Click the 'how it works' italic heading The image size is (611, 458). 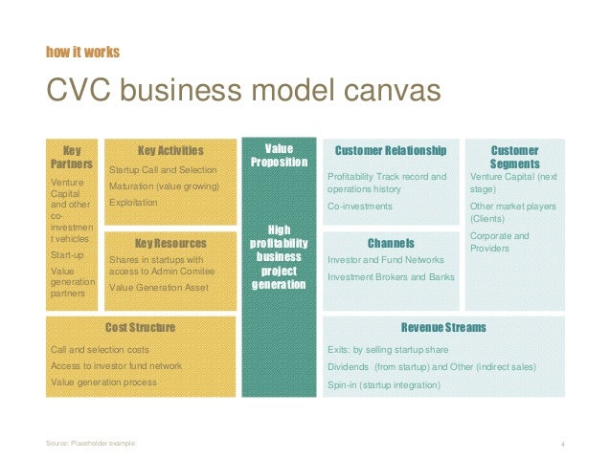(82, 51)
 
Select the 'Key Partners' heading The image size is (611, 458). (72, 157)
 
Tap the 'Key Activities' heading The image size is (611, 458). (170, 150)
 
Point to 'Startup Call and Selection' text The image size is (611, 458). (164, 169)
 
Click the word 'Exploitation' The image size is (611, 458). (134, 203)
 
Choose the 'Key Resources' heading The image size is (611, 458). (170, 244)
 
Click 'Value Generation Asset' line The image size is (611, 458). (159, 287)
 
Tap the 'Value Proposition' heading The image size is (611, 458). (279, 156)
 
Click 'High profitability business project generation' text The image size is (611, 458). (279, 256)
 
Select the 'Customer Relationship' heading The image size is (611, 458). (390, 151)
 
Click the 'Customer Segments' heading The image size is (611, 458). (514, 157)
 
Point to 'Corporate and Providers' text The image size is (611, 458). (500, 242)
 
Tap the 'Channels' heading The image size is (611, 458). (390, 242)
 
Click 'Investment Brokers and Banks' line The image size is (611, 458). (390, 277)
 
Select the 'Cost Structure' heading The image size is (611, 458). (140, 328)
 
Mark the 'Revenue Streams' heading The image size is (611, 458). (443, 328)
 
